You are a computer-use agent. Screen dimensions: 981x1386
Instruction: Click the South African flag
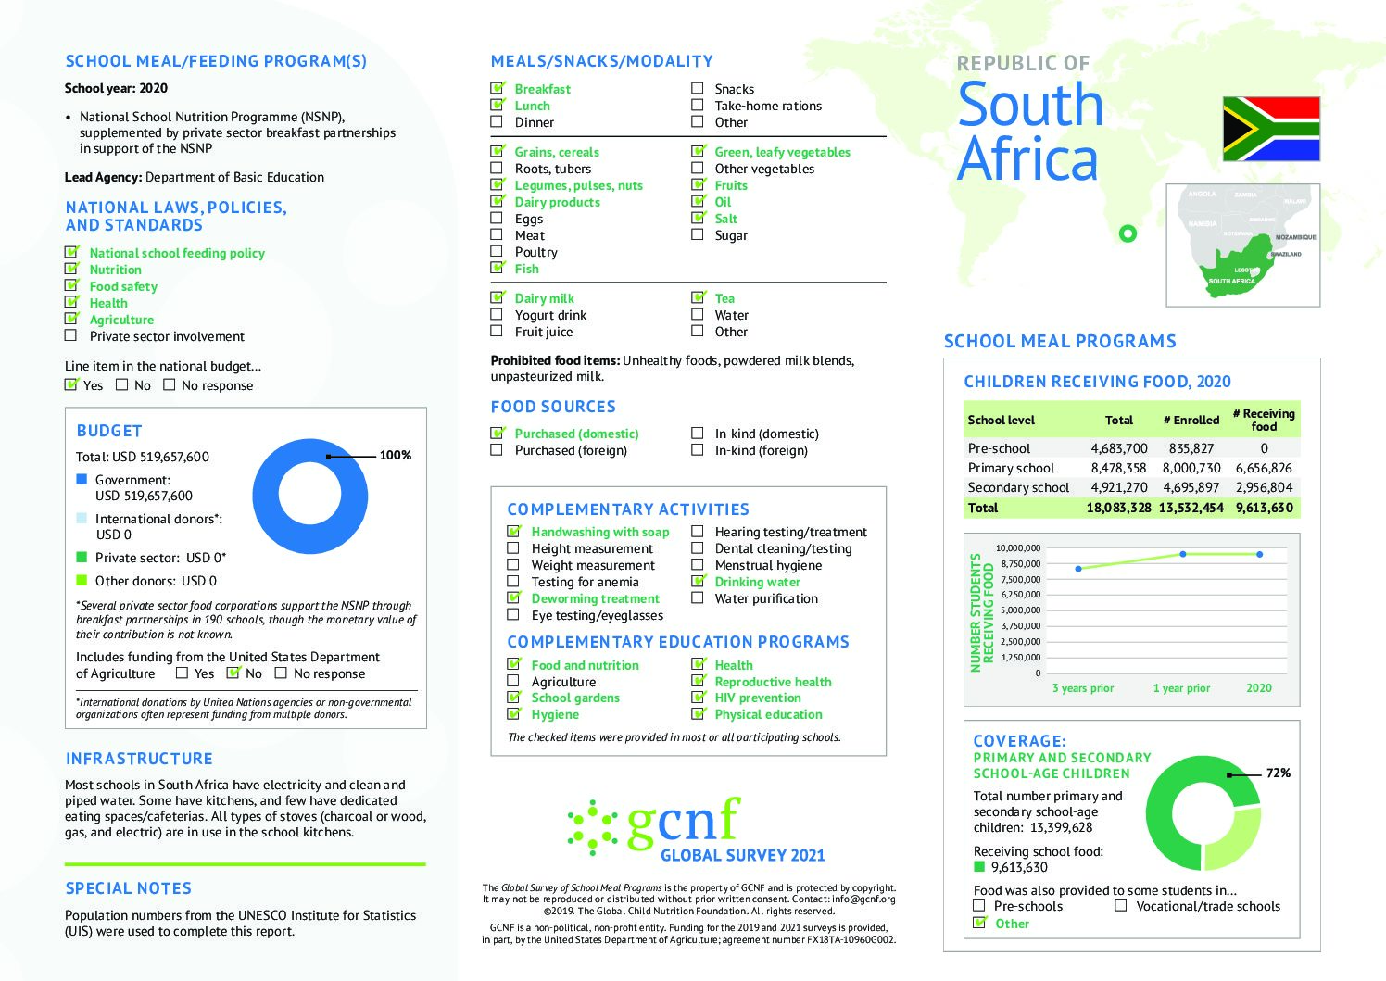1270,129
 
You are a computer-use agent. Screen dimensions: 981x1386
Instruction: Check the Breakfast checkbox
498,89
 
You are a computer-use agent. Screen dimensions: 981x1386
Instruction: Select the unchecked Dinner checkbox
497,122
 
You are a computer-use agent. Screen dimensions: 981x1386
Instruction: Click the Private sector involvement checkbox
71,336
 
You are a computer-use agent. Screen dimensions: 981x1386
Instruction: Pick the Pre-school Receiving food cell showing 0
1264,448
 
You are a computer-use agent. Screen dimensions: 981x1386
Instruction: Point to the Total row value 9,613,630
1264,508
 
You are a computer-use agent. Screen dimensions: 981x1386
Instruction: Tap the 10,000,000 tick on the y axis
1017,548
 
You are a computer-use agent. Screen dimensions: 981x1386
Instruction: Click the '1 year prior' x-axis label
1181,688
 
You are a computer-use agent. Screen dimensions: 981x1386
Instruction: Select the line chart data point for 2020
1259,554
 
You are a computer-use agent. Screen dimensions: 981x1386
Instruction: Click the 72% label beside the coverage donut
1279,773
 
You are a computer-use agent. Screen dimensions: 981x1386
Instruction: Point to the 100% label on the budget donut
396,455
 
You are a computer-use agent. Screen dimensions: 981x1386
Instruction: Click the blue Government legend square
82,480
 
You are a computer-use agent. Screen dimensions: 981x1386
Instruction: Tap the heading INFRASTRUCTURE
139,759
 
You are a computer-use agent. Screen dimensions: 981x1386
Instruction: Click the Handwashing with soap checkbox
514,532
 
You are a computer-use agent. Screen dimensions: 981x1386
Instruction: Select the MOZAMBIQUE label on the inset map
1295,237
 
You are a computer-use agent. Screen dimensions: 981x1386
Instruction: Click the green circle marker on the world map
1128,233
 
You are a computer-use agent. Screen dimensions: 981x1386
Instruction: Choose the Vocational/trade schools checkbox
1121,906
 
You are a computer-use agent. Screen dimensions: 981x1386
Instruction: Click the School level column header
1002,420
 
